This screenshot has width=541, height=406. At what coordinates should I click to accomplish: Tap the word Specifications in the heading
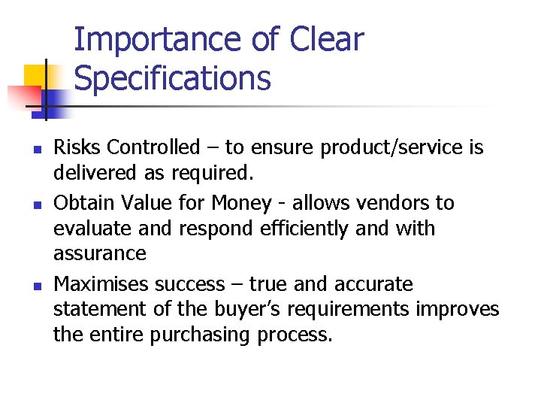173,78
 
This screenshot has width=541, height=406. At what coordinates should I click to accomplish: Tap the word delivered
87,173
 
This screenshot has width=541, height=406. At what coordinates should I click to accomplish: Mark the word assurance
99,253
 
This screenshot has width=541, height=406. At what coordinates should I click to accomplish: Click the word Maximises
101,284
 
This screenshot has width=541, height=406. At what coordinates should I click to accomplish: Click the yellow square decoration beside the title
36,77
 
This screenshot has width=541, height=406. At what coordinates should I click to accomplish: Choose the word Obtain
80,203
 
